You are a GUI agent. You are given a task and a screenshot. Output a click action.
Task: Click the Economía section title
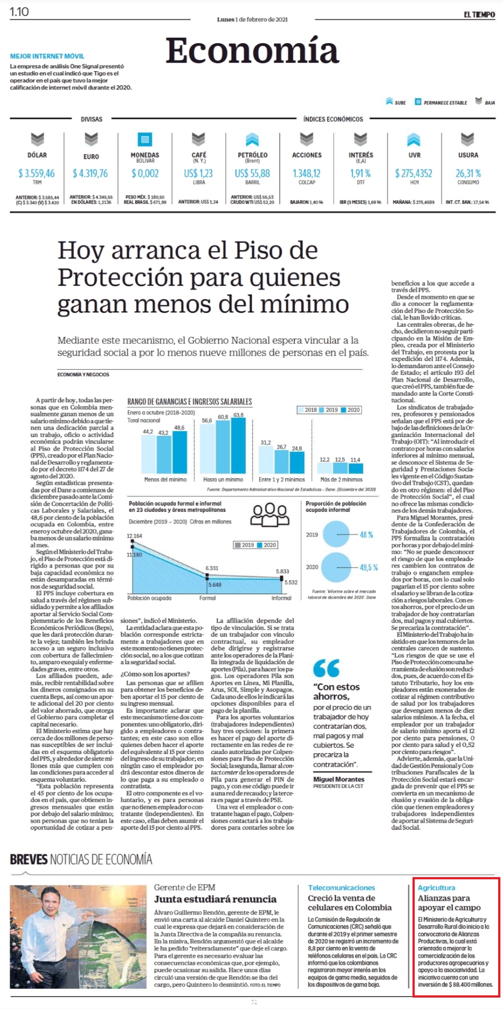coord(252,51)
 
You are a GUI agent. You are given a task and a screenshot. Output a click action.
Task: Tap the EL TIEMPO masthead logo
coord(479,15)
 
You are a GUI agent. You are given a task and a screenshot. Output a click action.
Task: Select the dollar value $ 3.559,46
coord(36,173)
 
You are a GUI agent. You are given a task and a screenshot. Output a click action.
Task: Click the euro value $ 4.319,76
coord(90,173)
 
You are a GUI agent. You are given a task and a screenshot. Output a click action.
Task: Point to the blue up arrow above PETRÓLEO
coord(252,139)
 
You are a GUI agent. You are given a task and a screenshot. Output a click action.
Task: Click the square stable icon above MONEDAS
coord(145,139)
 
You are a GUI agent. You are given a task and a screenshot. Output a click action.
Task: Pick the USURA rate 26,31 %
coord(468,173)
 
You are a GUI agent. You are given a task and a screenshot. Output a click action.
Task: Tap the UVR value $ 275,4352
coord(414,173)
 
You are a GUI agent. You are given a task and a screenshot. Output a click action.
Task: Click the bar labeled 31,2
coord(266,459)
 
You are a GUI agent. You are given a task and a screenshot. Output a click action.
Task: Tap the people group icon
coord(270,514)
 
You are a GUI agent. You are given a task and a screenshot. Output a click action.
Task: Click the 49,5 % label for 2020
coord(369,567)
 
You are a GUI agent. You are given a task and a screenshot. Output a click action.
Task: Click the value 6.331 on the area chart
coord(212,568)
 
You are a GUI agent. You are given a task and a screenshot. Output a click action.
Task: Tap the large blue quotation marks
coord(326,668)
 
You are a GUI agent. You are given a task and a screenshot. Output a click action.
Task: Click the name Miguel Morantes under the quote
coord(339,779)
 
